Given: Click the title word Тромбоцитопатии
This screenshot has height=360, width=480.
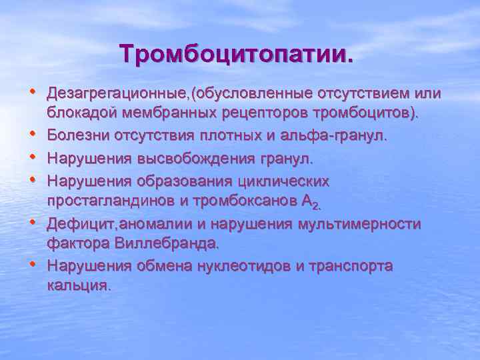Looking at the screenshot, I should (x=237, y=53).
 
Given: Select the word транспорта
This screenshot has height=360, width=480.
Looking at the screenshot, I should (x=351, y=266).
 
